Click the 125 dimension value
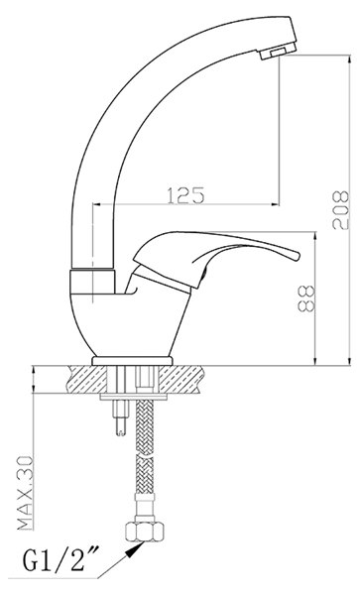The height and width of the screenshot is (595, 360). pyautogui.click(x=185, y=195)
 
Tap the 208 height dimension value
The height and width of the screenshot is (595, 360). pyautogui.click(x=340, y=210)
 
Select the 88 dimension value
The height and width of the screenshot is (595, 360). pyautogui.click(x=306, y=299)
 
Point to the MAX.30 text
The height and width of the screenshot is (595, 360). pyautogui.click(x=26, y=493)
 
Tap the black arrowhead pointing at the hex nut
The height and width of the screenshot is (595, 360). pyautogui.click(x=136, y=549)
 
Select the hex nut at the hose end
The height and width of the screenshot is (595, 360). pyautogui.click(x=146, y=532)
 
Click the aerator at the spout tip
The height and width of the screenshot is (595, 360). pyautogui.click(x=278, y=51)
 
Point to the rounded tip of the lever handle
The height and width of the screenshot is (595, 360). pyautogui.click(x=296, y=256)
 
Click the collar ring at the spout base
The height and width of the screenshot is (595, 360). pyautogui.click(x=92, y=282)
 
